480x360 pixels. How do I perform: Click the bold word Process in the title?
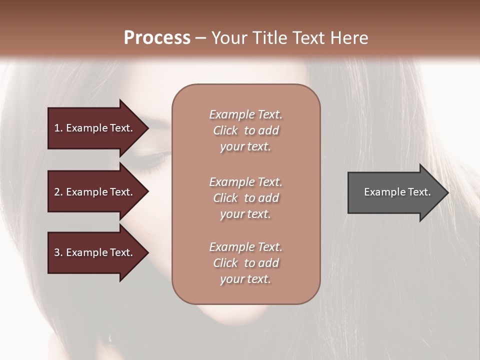(157, 38)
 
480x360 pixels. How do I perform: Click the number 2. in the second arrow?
(58, 192)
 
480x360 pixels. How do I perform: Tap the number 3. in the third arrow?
(58, 252)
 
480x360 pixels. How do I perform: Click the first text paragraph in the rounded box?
(245, 130)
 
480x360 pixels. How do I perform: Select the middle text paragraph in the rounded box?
(245, 198)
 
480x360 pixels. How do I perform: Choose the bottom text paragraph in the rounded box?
(245, 263)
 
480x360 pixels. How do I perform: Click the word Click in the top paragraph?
(225, 130)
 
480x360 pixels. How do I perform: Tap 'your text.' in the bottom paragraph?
(245, 279)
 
